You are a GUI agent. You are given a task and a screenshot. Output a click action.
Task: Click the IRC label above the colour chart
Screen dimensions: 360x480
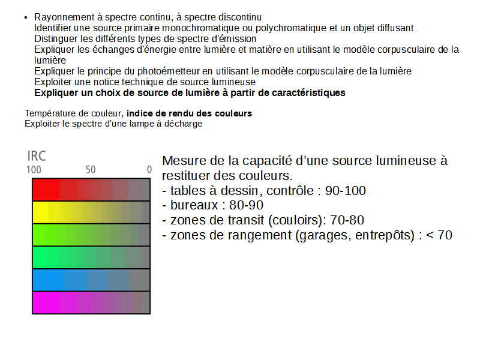point(37,156)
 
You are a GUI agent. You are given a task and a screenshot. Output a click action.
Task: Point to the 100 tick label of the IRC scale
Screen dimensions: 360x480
point(34,170)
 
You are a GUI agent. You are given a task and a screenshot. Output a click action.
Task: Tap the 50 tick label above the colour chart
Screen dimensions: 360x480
point(91,170)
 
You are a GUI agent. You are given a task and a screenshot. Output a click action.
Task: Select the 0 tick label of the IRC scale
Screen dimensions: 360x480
point(149,170)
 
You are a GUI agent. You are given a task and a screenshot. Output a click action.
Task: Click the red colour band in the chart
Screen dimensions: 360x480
point(91,190)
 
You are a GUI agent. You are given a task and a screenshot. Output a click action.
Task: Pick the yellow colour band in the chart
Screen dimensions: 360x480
point(91,212)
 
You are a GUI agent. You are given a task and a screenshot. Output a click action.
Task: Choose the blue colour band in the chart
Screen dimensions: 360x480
point(91,280)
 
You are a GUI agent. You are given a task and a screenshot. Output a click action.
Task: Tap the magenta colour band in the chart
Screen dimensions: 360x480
point(91,302)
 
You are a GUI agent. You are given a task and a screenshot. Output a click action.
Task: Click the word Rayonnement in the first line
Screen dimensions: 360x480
point(64,17)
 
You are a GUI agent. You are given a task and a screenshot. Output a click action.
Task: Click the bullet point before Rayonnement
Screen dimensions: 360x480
point(26,17)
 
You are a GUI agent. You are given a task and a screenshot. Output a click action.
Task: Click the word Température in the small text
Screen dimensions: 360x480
point(50,113)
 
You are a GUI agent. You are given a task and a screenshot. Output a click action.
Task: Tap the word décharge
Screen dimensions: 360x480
point(184,124)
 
